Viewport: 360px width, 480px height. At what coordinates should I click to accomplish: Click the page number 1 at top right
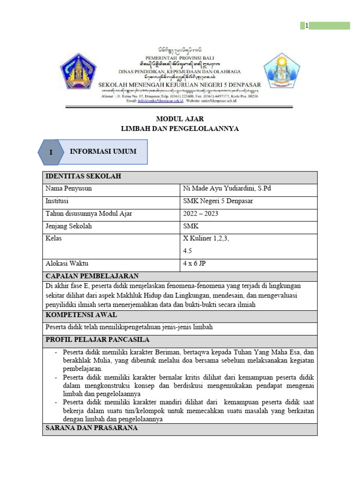click(x=307, y=26)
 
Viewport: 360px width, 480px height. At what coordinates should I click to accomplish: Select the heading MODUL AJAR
click(x=180, y=119)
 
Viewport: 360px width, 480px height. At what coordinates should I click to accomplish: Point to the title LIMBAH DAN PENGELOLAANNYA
click(x=180, y=128)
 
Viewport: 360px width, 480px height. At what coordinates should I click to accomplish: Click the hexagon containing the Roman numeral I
click(x=51, y=152)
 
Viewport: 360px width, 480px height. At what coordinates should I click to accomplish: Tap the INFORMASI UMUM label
click(x=103, y=151)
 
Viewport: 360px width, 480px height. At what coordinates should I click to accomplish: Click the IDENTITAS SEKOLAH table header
click(x=83, y=176)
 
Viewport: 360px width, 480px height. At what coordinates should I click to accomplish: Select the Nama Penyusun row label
click(x=68, y=189)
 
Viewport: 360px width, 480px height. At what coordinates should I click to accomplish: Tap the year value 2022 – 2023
click(x=201, y=214)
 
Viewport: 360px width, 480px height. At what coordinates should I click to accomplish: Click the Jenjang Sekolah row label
click(x=68, y=226)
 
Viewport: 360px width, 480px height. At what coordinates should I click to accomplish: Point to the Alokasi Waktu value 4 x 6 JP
click(x=195, y=263)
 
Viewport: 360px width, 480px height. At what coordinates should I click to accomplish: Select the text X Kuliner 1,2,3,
click(x=206, y=239)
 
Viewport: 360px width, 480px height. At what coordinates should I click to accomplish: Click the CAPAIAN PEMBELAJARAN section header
click(x=91, y=276)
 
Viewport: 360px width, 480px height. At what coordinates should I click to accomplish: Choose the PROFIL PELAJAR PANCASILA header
click(x=97, y=339)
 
